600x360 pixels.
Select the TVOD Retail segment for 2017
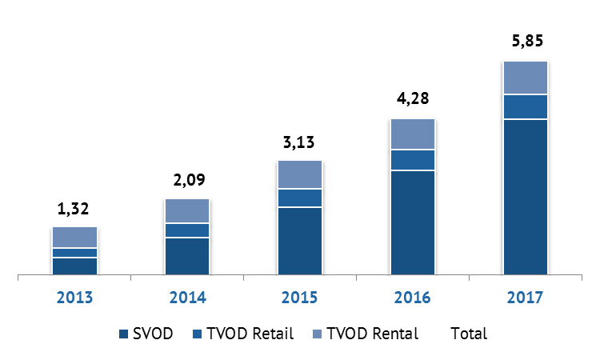coord(525,106)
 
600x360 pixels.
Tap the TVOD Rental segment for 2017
coord(525,78)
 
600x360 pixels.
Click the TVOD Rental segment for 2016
coord(412,134)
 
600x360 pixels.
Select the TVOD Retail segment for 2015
coord(299,198)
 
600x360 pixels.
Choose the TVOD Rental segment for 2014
coord(186,210)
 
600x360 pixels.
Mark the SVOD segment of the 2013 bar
coord(74,266)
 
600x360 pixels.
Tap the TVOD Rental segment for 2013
coord(74,237)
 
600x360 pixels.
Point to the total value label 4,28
coord(412,100)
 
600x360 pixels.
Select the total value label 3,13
coord(299,142)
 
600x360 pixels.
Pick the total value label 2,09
coord(186,179)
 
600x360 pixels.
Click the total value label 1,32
coord(74,210)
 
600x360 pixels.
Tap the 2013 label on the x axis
coord(74,298)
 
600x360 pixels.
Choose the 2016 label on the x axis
coord(412,298)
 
